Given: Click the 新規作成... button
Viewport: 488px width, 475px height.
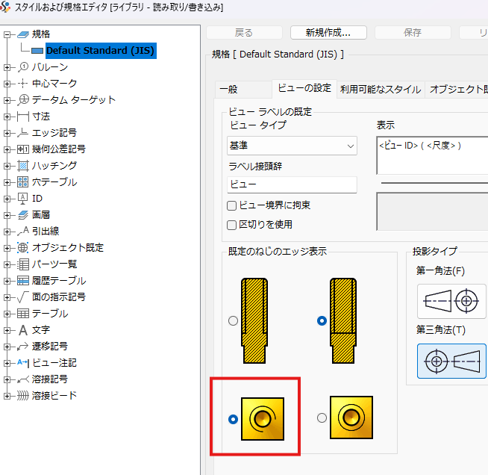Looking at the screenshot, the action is [x=328, y=32].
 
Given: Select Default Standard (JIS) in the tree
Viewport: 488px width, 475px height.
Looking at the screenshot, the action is [x=100, y=51].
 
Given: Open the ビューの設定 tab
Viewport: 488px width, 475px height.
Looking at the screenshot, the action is [x=304, y=88].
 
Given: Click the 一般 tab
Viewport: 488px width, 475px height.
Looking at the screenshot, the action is [x=228, y=90].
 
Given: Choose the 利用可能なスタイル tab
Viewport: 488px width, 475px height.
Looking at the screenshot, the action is [x=381, y=90].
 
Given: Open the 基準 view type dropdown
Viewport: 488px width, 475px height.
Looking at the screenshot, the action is [x=292, y=146].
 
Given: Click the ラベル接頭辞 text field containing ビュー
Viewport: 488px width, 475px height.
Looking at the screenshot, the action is [x=292, y=184].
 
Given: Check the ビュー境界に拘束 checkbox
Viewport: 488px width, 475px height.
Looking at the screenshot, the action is [x=232, y=205].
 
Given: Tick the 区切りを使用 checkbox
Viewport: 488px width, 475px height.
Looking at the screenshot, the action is [x=232, y=225].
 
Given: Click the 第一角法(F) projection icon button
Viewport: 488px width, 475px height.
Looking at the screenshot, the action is [x=451, y=301].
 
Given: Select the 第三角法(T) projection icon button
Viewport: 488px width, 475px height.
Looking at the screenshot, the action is [x=451, y=361].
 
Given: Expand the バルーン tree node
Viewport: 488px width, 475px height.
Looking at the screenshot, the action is [x=7, y=67].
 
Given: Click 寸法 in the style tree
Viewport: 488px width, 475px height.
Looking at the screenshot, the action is [x=41, y=117].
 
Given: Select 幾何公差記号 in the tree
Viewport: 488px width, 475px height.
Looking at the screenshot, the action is [x=58, y=149].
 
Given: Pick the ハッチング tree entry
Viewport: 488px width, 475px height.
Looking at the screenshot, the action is [x=54, y=166].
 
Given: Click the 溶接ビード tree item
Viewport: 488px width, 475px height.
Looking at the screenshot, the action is [x=54, y=396].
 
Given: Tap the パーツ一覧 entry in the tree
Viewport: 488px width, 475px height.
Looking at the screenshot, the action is [x=54, y=264].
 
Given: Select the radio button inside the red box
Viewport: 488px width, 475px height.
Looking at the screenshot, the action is [x=233, y=419].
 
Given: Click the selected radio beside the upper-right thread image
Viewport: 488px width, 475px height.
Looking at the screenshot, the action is [x=322, y=320].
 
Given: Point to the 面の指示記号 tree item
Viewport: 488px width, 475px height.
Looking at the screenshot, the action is [x=58, y=297].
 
